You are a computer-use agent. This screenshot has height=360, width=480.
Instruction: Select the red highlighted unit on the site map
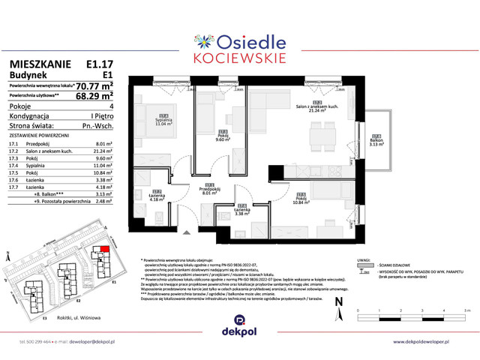pos(103,250)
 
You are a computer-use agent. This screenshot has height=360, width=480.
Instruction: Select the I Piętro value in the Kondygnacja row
pos(101,116)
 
